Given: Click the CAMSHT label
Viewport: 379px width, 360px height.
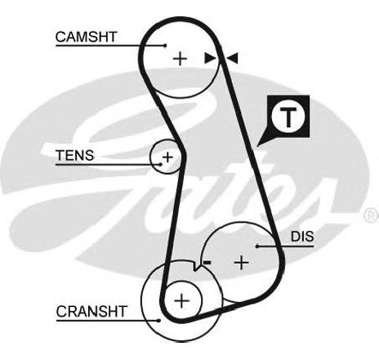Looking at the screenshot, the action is click(87, 37).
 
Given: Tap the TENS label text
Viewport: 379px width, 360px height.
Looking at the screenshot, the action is click(75, 155).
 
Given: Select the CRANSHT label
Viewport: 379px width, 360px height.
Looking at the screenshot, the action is click(91, 311).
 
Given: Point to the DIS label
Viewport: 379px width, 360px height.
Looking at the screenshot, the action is click(302, 237).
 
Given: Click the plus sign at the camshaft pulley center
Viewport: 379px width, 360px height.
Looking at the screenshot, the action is click(180, 59).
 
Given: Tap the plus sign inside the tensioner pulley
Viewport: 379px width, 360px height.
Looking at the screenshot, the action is click(167, 157).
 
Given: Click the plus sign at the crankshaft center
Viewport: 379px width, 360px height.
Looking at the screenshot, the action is click(181, 300).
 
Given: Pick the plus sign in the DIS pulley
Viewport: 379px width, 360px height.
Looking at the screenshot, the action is click(242, 263).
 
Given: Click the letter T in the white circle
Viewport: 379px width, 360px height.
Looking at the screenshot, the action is click(288, 118).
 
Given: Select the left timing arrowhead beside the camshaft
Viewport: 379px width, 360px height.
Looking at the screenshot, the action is click(210, 58).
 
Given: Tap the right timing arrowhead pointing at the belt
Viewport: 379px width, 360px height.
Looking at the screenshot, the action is click(232, 58).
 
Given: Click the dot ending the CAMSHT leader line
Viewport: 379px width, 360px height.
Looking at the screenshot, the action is click(165, 46).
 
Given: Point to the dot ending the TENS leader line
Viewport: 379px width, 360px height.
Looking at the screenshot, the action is click(161, 164).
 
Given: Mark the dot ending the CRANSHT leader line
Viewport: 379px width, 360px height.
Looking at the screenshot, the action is click(158, 321).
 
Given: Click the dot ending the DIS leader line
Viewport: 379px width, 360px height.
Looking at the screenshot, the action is click(257, 247).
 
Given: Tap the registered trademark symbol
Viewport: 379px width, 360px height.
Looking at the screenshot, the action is click(371, 215).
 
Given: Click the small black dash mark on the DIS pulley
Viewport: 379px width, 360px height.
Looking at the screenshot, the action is click(207, 262).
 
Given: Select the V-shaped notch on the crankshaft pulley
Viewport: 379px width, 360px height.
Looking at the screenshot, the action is click(197, 267).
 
